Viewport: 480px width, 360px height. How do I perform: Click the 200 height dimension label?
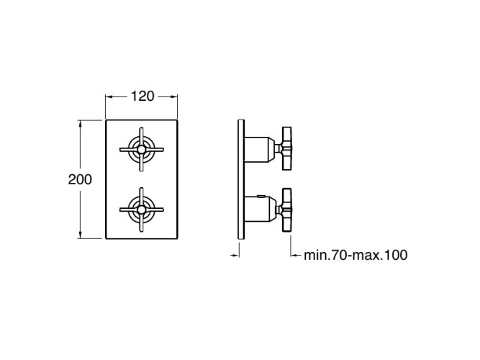[80, 180]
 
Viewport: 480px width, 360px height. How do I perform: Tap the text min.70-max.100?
[356, 254]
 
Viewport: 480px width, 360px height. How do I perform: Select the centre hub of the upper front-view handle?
[141, 149]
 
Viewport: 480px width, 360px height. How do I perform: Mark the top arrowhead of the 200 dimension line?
[80, 123]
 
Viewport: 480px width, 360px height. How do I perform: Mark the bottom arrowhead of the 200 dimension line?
[80, 235]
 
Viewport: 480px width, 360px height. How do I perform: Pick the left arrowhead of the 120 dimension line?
[109, 96]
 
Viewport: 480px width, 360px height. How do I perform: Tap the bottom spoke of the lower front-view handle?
[141, 225]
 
